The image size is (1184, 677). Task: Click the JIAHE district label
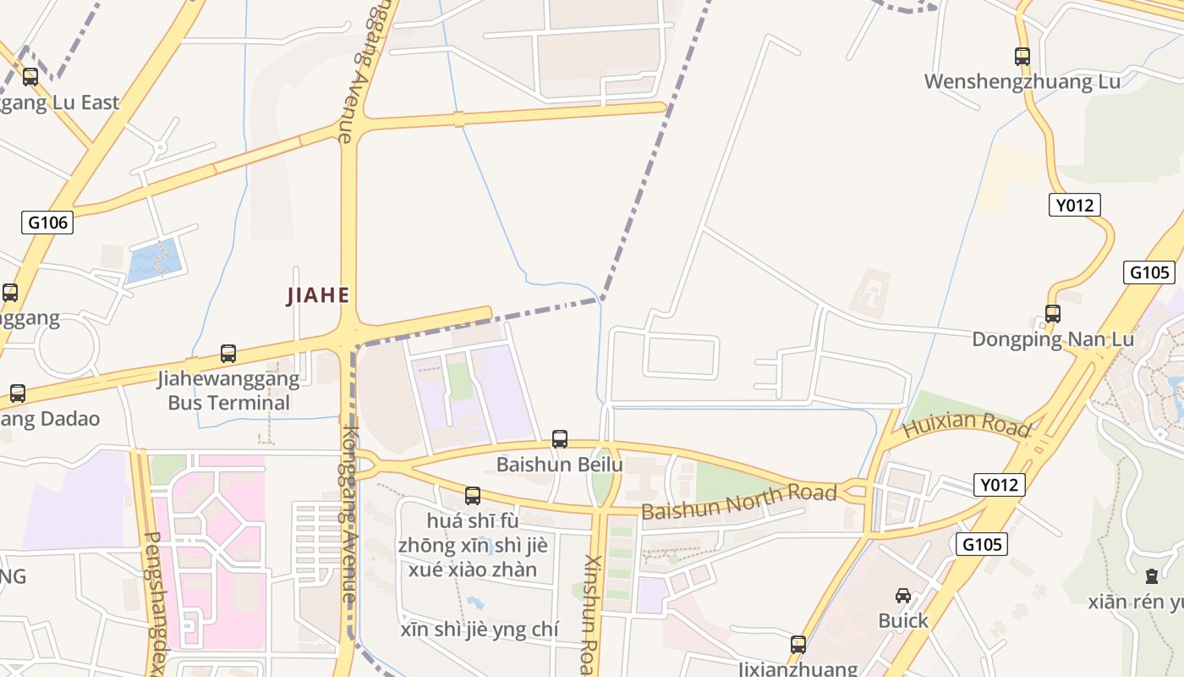(x=318, y=295)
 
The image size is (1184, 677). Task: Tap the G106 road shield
(x=48, y=223)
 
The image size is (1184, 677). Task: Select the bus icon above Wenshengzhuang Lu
(x=1022, y=57)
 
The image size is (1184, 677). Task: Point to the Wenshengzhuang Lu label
(x=1022, y=82)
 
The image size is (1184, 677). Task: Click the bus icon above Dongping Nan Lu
(x=1053, y=314)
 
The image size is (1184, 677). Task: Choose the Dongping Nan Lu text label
(x=1052, y=339)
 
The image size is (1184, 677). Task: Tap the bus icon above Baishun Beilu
(x=559, y=439)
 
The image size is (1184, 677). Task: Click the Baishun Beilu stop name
(x=559, y=465)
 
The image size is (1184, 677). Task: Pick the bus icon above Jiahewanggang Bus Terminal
(x=227, y=354)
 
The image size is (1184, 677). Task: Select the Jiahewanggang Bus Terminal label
(x=228, y=390)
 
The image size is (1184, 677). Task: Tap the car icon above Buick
(x=903, y=595)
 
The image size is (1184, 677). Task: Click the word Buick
(x=903, y=620)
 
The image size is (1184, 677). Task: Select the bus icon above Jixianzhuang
(x=798, y=644)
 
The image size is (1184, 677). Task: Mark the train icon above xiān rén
(x=1151, y=576)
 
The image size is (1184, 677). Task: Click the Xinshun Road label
(x=592, y=609)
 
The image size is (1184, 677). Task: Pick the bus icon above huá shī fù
(x=473, y=496)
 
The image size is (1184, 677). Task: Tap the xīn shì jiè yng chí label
(x=479, y=630)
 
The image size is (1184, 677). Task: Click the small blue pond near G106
(x=155, y=260)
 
